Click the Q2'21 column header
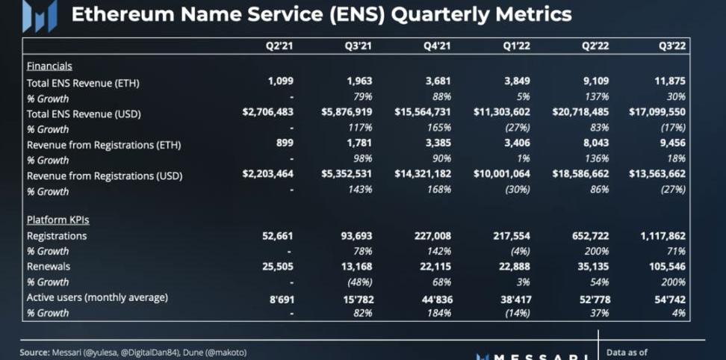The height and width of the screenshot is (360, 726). click(280, 46)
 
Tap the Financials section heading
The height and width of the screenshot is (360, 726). click(49, 66)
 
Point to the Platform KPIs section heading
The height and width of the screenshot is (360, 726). click(58, 220)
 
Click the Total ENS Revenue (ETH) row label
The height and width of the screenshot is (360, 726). click(83, 83)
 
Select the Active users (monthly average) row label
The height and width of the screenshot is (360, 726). click(97, 297)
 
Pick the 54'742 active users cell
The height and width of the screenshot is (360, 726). click(666, 298)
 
